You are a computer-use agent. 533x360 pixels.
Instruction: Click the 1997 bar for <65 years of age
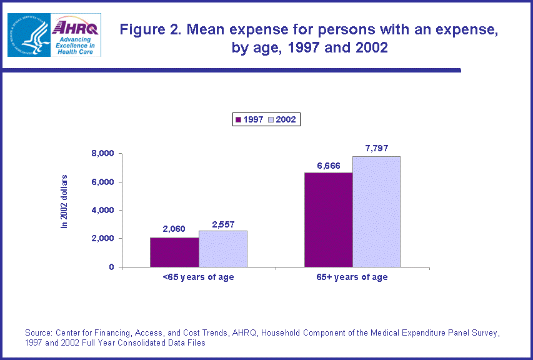tap(174, 252)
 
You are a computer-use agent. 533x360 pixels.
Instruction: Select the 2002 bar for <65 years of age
tap(223, 249)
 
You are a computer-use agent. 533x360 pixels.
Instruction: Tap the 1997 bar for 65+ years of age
tap(328, 219)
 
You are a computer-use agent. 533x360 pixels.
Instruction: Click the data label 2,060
tap(174, 229)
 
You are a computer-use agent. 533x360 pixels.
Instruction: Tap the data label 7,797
tap(376, 148)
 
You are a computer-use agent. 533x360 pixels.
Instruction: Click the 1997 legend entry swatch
tap(238, 119)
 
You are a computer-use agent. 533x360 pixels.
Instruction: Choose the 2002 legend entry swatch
tap(271, 119)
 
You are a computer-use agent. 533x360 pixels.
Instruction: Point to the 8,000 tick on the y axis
tap(102, 154)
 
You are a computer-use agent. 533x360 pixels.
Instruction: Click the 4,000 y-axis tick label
tap(102, 211)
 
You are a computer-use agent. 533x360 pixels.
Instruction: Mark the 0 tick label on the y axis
tap(111, 267)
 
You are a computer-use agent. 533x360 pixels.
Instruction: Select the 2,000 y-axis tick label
tap(102, 239)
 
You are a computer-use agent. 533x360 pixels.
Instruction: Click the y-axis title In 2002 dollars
tap(64, 201)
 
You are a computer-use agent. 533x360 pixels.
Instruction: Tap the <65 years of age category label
tap(198, 277)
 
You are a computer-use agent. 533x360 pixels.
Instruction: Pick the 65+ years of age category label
tap(352, 277)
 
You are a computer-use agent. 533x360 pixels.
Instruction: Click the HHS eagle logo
tap(27, 35)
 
